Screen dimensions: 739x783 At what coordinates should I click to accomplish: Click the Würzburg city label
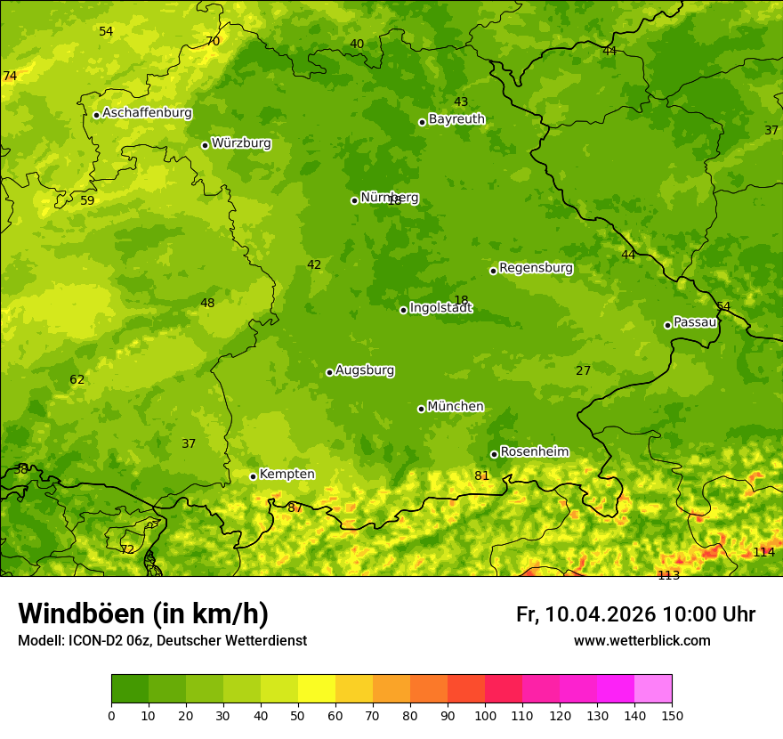241,143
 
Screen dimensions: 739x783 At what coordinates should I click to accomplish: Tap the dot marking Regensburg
493,271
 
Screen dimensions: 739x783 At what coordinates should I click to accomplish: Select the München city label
456,407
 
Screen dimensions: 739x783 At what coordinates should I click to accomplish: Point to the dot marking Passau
667,325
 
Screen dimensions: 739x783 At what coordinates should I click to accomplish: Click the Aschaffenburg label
147,113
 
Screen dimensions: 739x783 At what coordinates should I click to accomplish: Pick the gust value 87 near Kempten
295,508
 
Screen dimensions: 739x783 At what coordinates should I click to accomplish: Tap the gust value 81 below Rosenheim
482,475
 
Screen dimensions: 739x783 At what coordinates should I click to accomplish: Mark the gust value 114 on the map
763,552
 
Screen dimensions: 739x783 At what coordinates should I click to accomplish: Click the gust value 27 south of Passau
583,370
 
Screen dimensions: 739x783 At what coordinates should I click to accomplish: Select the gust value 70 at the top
213,41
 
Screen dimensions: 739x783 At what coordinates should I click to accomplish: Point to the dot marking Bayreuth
422,122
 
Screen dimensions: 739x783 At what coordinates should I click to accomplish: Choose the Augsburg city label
365,370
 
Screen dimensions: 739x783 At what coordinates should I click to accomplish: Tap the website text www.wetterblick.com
642,640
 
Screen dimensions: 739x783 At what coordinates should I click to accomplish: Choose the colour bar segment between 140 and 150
653,689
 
